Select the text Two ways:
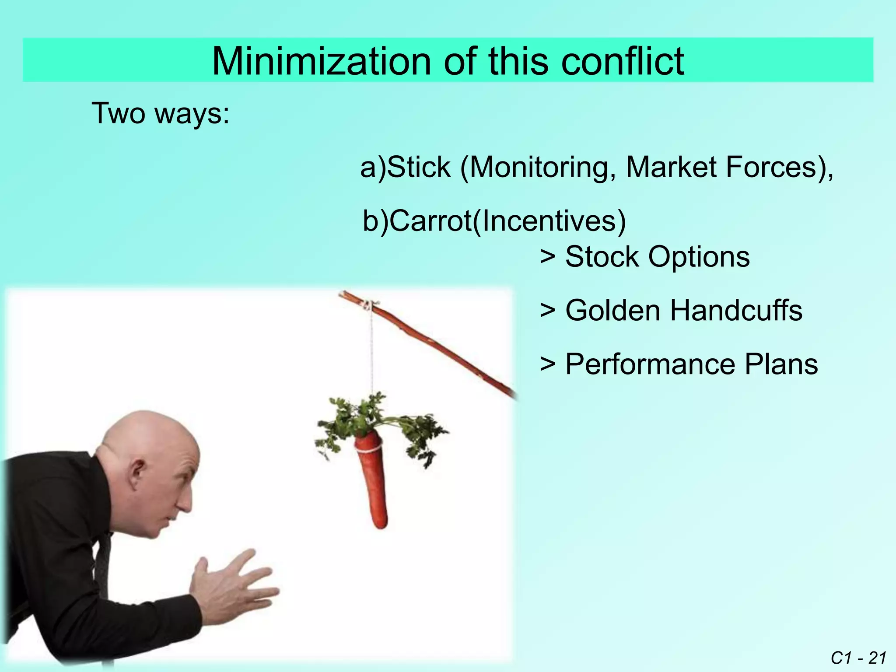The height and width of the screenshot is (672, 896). coord(160,114)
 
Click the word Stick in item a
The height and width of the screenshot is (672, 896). coord(419,168)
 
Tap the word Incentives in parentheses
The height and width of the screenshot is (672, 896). coord(549,221)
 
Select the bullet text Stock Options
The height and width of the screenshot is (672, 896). coord(657,257)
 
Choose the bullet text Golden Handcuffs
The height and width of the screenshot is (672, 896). coord(683,311)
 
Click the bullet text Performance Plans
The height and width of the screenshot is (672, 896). coord(691,364)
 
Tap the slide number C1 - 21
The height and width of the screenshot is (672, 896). coord(858,658)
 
